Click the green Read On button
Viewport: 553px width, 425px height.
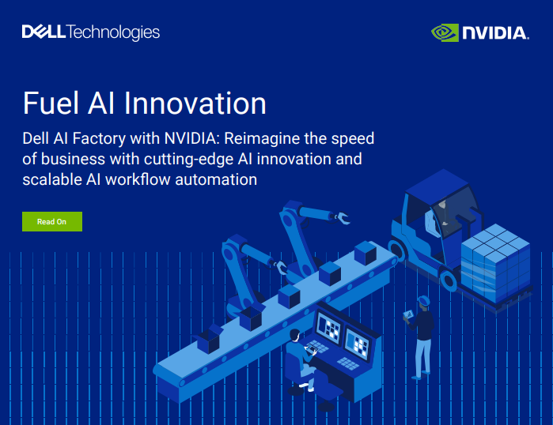point(51,222)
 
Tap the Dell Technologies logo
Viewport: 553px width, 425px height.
point(91,32)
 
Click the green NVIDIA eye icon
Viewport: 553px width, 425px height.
point(445,32)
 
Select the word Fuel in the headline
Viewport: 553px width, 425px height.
point(50,103)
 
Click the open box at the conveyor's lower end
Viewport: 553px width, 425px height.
point(207,340)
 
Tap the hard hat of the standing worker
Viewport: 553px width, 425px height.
point(425,300)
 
